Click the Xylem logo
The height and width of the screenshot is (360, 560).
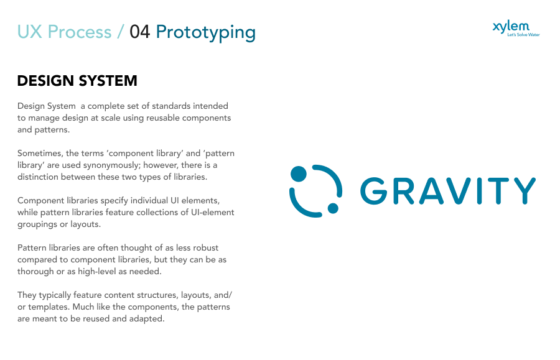(x=516, y=29)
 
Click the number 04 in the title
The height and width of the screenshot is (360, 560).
(x=139, y=32)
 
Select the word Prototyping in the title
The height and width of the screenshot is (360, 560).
(x=206, y=33)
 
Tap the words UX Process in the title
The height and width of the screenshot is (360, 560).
(x=64, y=32)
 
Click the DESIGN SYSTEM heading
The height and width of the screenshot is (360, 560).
(x=77, y=81)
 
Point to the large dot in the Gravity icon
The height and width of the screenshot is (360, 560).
(x=299, y=173)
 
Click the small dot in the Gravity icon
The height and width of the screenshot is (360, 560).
(x=333, y=208)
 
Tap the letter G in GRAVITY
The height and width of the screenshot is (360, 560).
(x=374, y=191)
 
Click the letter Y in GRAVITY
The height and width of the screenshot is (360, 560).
(x=524, y=191)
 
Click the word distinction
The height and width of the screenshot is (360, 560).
(x=38, y=177)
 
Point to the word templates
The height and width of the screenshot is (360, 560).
(x=49, y=307)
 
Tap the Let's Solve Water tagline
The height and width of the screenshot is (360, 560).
(x=523, y=35)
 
